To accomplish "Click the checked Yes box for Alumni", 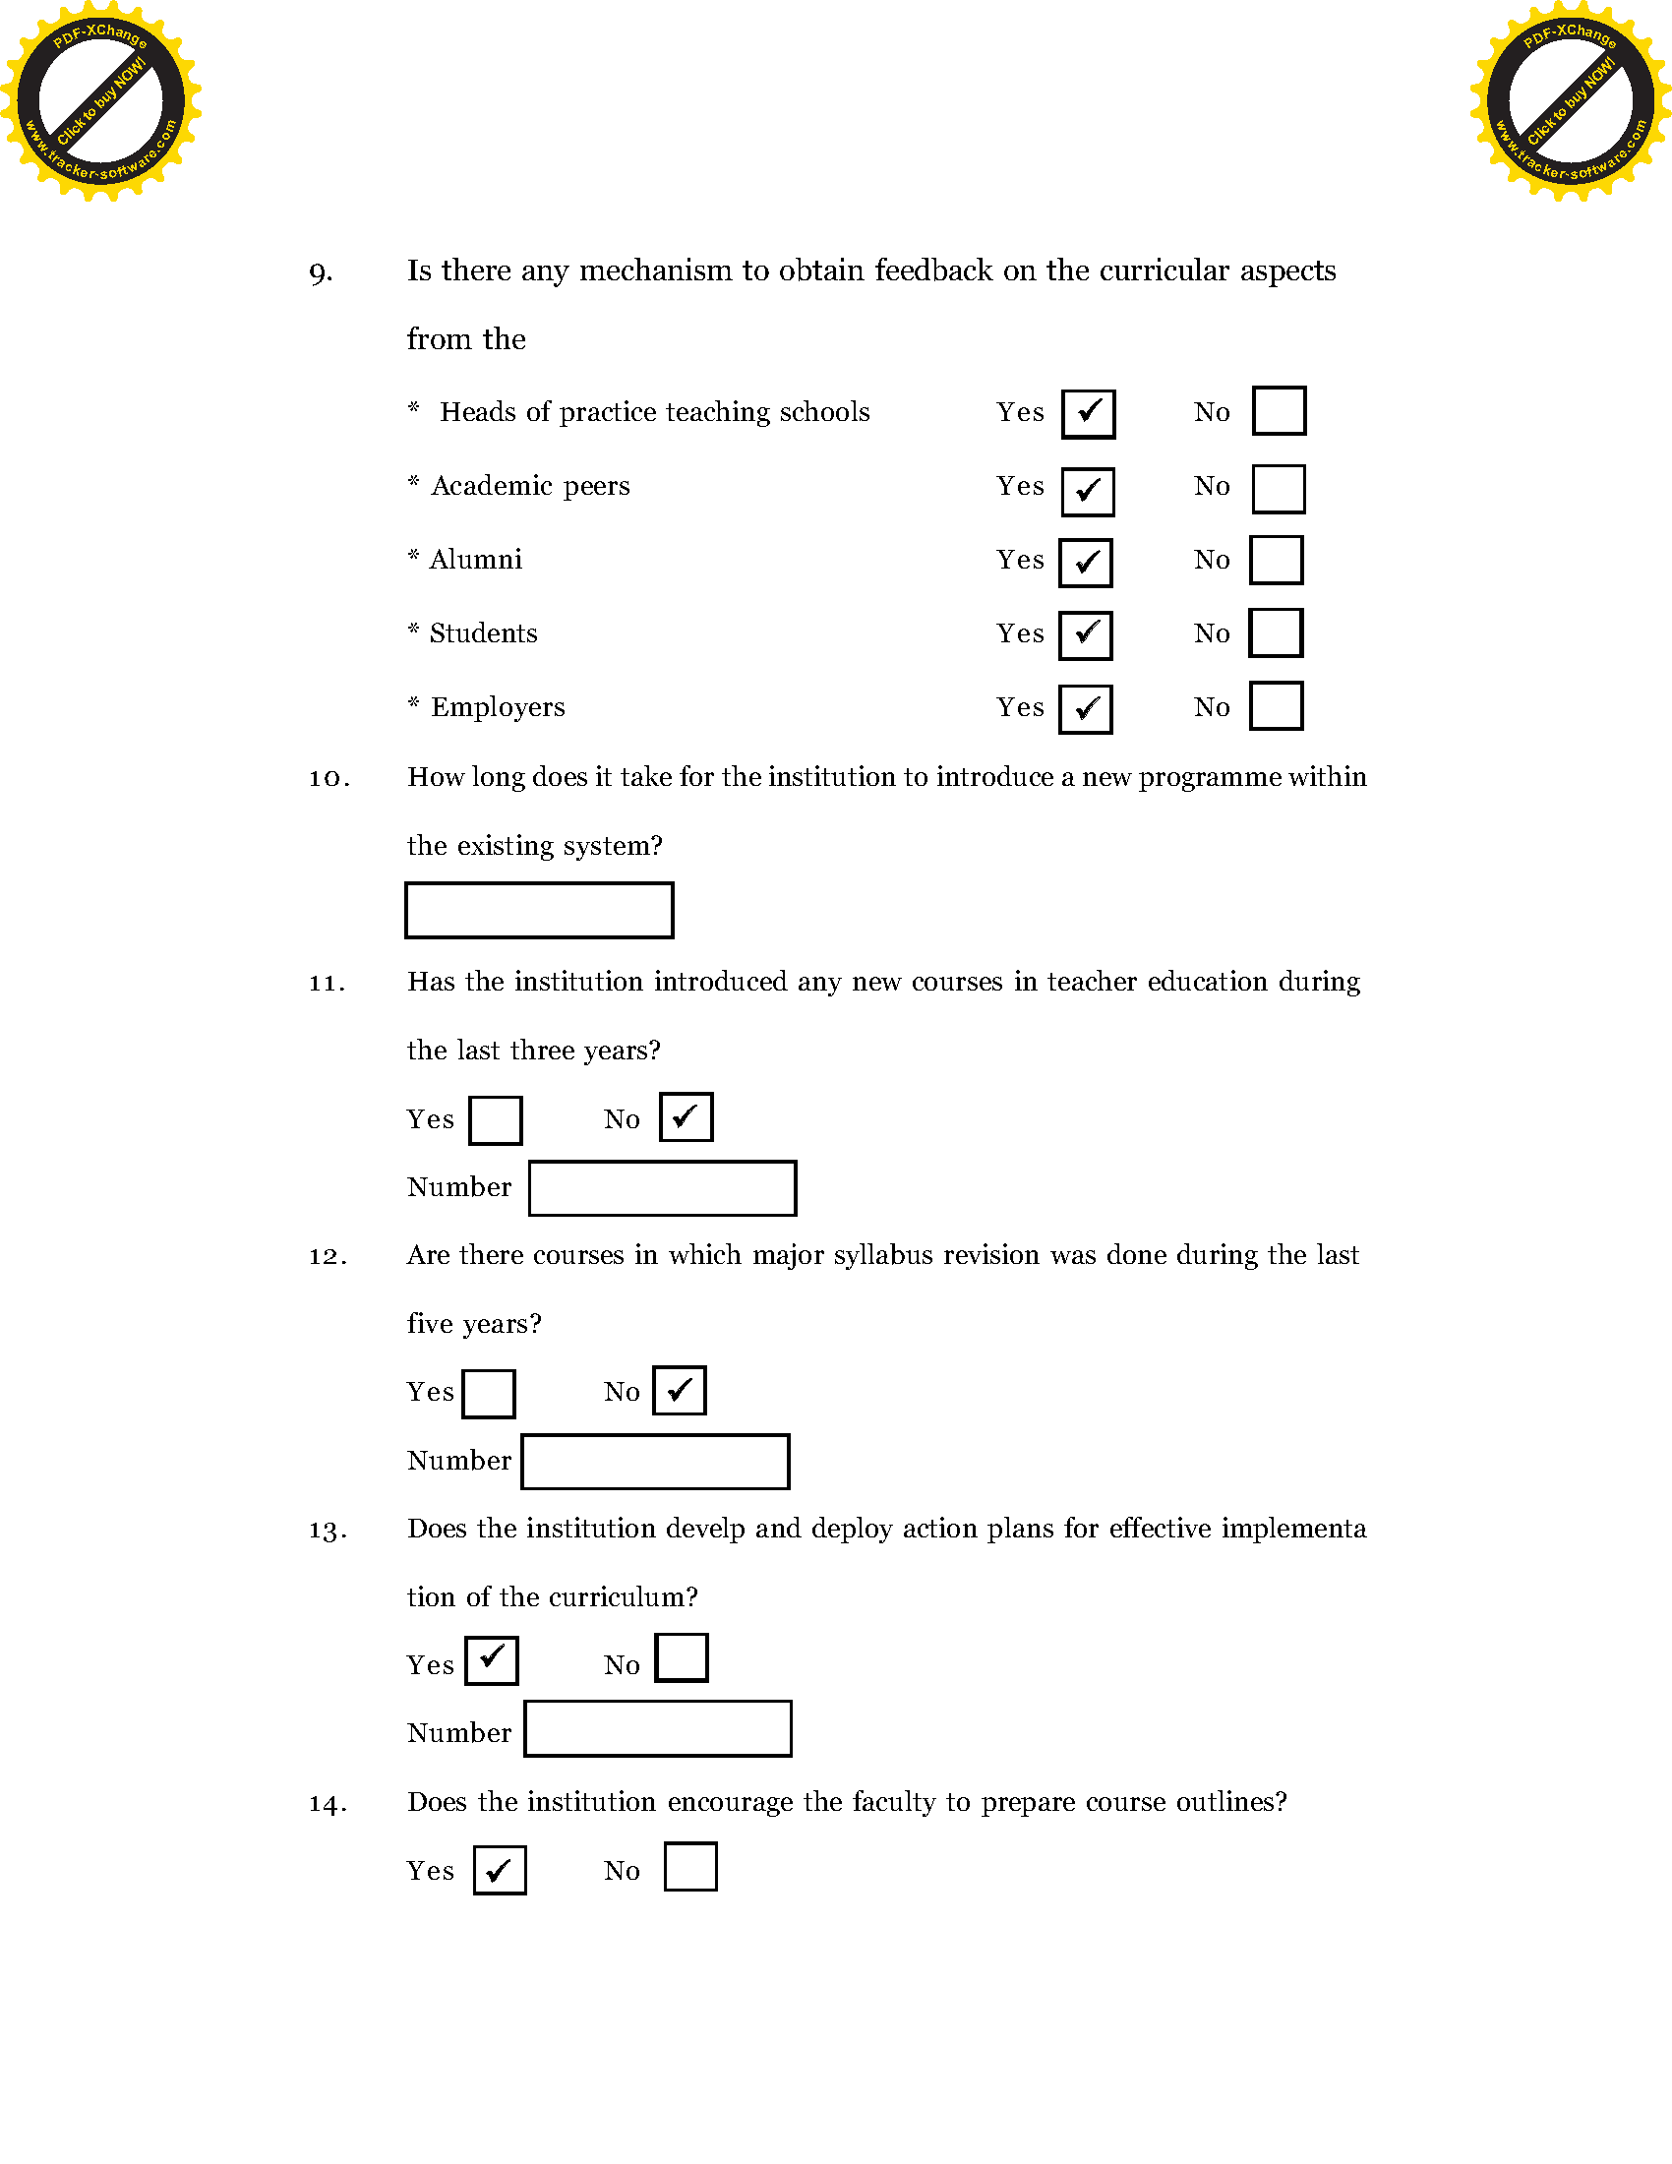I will coord(1086,563).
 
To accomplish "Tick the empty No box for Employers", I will coord(1276,705).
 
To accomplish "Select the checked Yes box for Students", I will coord(1086,635).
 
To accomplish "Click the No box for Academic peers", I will coord(1279,490).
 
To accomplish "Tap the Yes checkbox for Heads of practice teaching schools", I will coord(1089,414).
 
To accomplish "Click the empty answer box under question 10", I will coord(539,910).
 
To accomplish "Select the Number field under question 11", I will coord(663,1188).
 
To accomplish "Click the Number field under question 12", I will coord(656,1462).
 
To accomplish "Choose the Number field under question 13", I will coord(658,1729).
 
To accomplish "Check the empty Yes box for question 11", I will coord(496,1119).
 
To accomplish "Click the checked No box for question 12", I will coord(680,1390).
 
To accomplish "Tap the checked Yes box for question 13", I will coord(492,1660).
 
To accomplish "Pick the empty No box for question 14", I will coord(690,1867).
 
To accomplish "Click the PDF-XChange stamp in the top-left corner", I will coord(100,101).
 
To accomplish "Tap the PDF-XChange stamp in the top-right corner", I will coord(1570,101).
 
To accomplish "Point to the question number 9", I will coord(321,273).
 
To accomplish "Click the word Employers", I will coord(498,707).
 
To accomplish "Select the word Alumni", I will coord(475,560).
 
